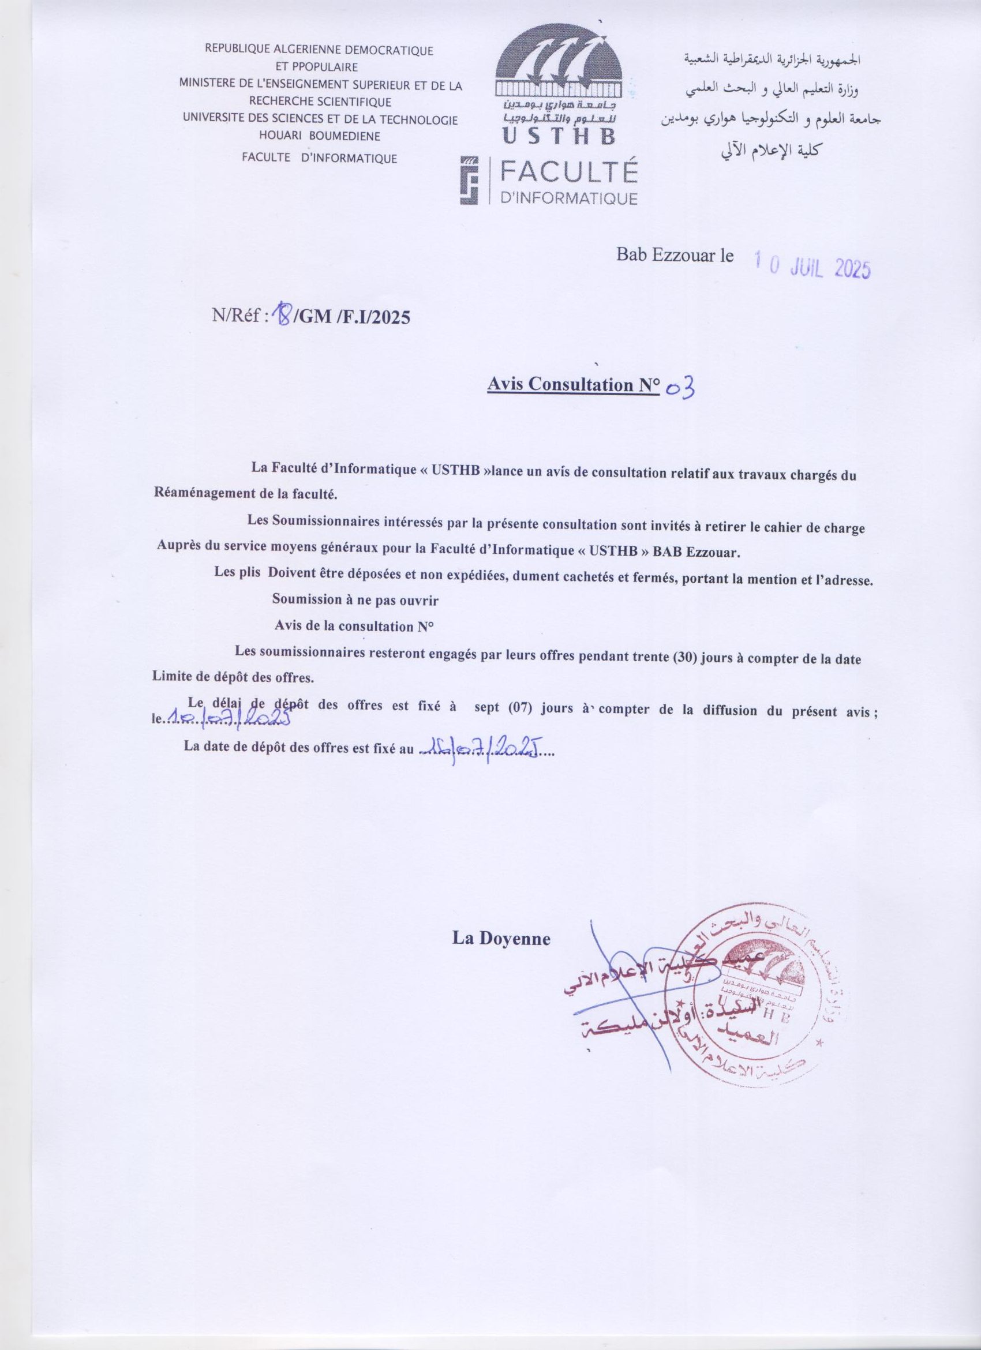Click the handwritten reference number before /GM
[281, 316]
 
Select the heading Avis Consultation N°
[572, 385]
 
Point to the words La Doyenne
[501, 939]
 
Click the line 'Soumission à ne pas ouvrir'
[355, 600]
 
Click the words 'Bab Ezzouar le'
[675, 256]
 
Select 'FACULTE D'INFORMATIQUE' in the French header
[319, 157]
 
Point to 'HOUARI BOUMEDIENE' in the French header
[320, 136]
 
